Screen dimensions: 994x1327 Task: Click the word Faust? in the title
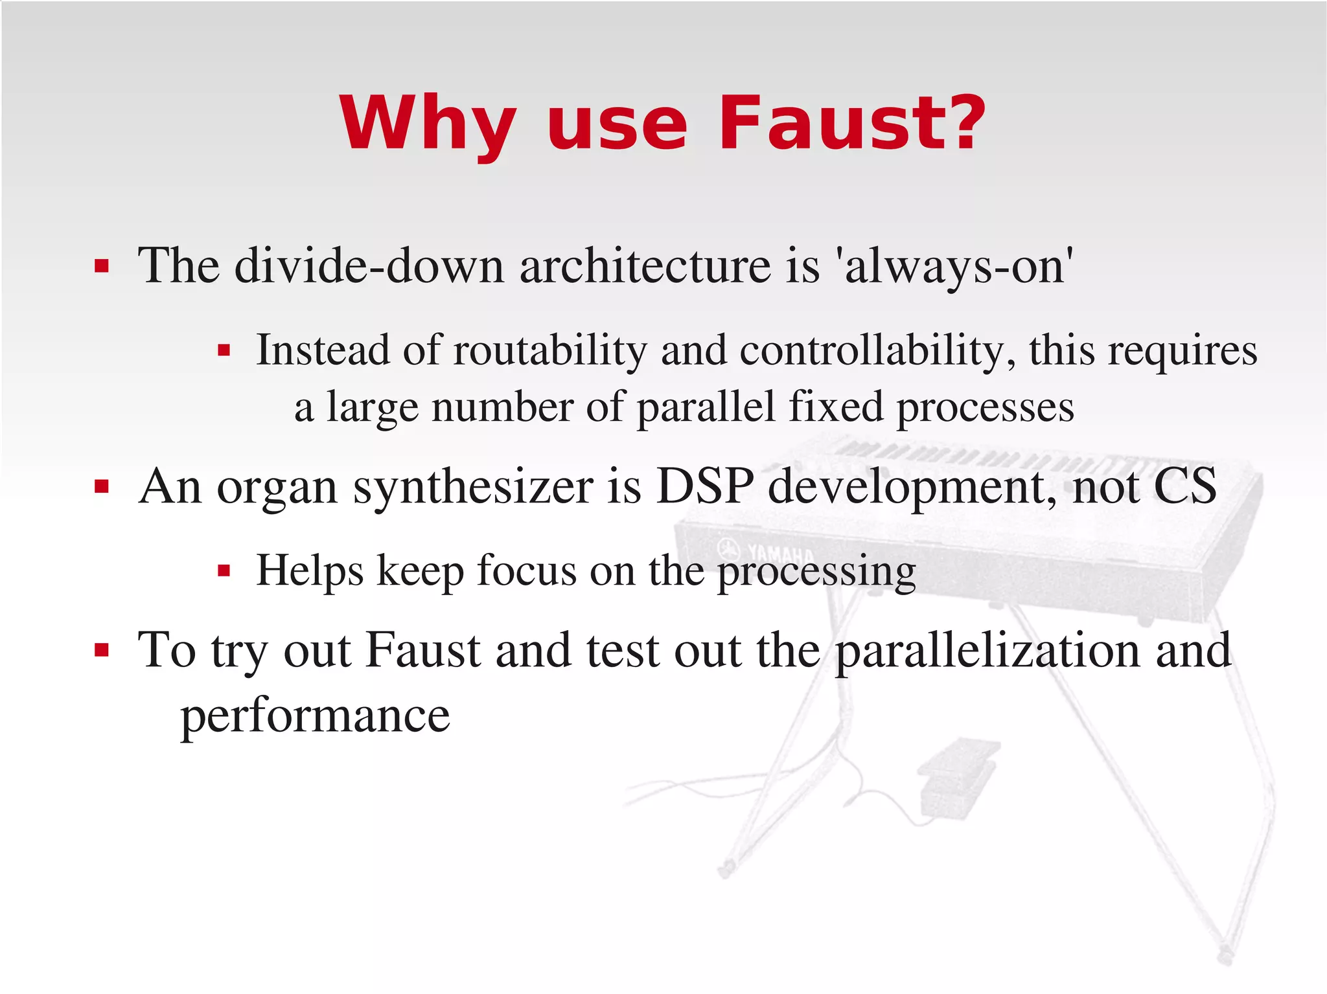(851, 123)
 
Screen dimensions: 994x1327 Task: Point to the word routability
(549, 350)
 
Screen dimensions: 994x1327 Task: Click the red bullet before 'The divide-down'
(101, 266)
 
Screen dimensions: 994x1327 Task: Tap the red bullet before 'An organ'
(101, 486)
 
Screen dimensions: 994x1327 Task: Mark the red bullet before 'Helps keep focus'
(224, 571)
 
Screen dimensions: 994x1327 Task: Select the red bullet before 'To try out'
(101, 649)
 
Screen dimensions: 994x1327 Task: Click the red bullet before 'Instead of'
(224, 351)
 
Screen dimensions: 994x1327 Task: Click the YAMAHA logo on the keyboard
(768, 552)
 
